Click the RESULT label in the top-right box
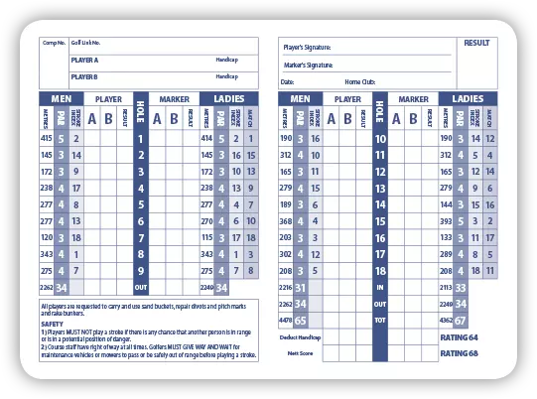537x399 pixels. [475, 43]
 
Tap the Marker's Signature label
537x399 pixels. [308, 65]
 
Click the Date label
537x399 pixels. [288, 81]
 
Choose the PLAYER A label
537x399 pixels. [85, 60]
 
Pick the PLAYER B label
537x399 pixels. [85, 76]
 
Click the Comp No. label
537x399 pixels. [54, 44]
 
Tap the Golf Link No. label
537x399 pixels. [86, 44]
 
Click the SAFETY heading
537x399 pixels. [53, 324]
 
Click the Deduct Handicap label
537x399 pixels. [307, 338]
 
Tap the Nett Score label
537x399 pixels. [301, 353]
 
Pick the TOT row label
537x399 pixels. [380, 321]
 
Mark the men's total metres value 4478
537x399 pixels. [286, 321]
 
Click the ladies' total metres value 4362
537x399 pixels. [446, 321]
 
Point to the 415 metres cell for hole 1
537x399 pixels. [47, 138]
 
